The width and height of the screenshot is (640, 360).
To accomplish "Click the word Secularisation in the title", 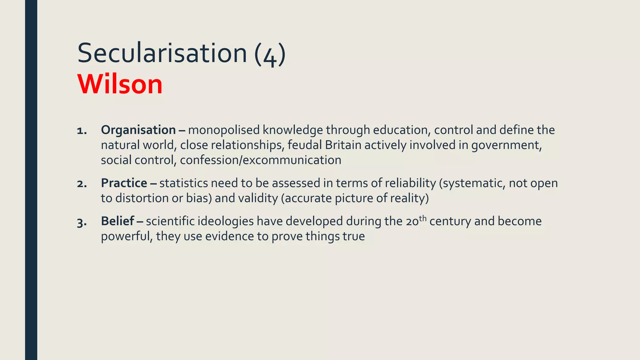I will click(162, 53).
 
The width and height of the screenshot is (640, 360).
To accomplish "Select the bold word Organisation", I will click(138, 130).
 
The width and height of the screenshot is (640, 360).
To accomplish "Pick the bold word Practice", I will click(124, 183).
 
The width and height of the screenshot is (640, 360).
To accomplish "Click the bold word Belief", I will click(117, 221).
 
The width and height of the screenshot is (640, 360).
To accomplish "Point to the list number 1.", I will click(81, 131).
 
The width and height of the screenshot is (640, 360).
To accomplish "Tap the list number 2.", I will click(82, 184).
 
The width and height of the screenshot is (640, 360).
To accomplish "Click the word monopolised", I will click(224, 130).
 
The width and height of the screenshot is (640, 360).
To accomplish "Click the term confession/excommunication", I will click(260, 160).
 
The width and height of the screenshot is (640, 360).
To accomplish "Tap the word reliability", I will click(410, 183).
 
